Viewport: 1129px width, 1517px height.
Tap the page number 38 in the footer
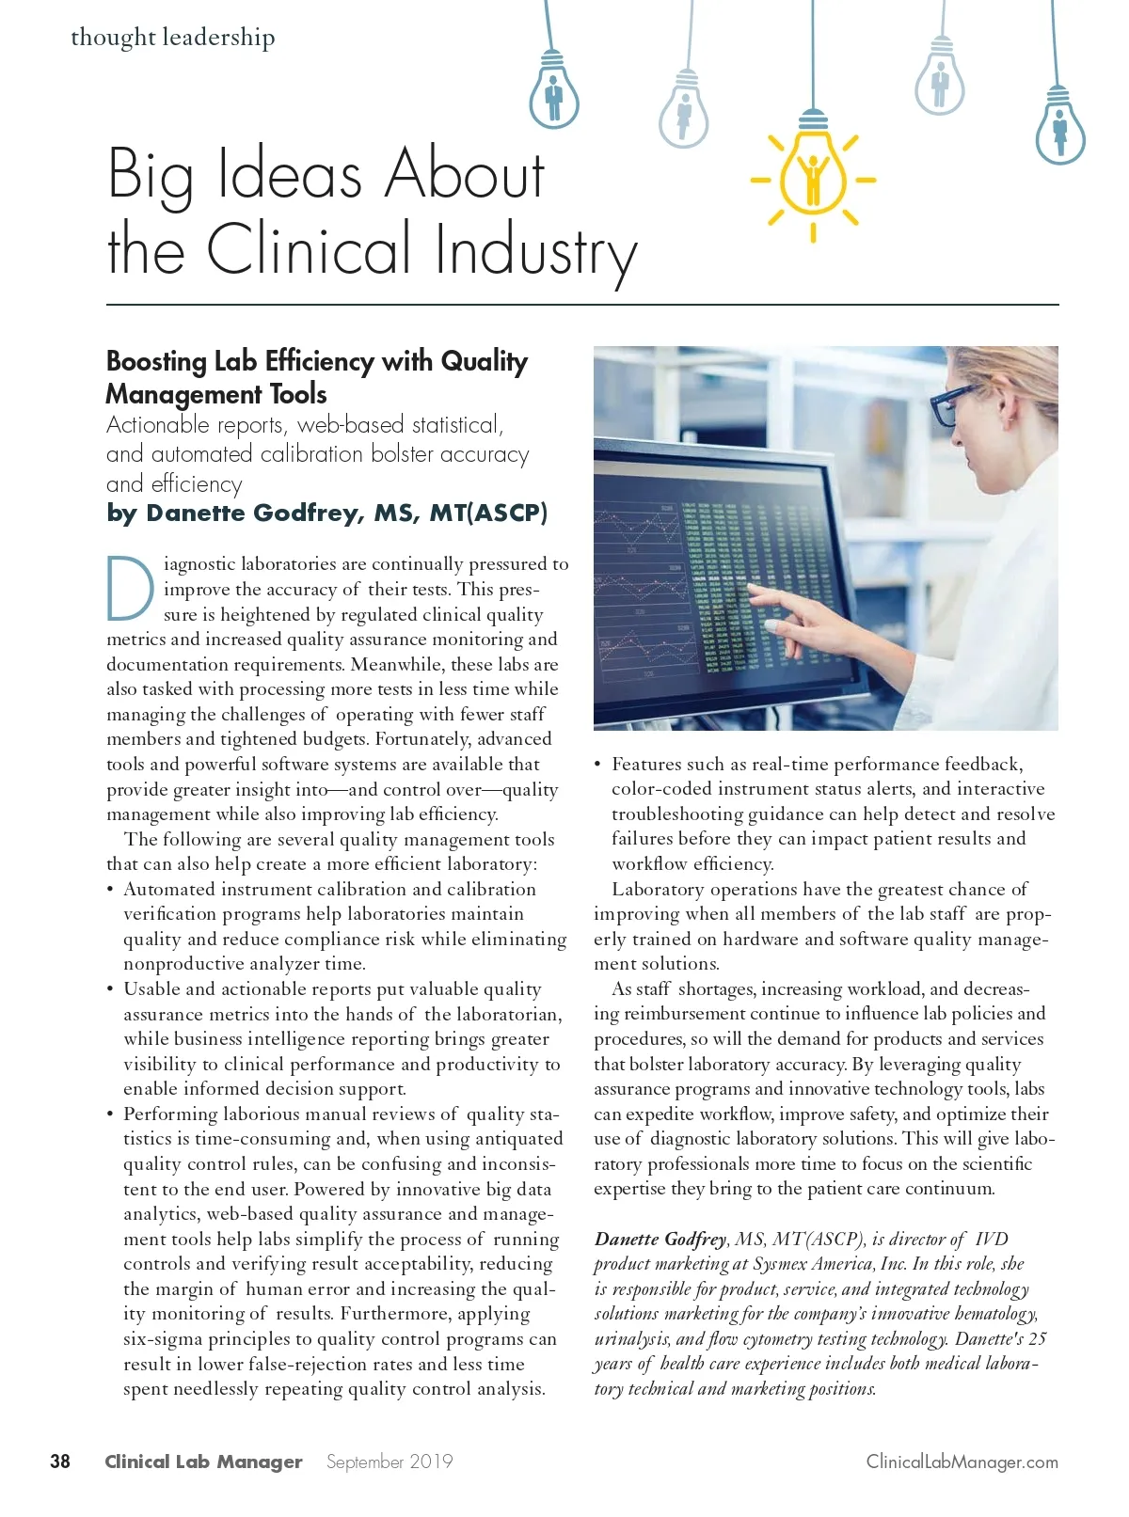(x=59, y=1461)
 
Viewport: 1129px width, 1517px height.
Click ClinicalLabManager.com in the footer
(x=962, y=1462)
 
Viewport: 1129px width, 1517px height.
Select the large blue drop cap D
(x=130, y=590)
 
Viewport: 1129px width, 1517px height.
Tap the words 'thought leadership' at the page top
(x=173, y=38)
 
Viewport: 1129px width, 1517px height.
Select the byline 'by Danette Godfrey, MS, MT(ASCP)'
(x=326, y=513)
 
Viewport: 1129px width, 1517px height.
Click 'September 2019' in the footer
(x=390, y=1462)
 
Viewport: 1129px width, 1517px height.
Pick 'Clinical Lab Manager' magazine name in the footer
(x=203, y=1462)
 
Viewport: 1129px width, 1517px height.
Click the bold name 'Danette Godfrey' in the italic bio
(x=660, y=1239)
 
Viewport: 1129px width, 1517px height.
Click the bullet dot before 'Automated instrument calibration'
(x=111, y=890)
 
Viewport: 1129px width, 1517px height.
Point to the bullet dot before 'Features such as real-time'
(x=598, y=765)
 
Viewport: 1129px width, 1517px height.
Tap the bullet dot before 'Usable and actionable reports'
(x=111, y=989)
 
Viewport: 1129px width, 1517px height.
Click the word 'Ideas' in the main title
(x=290, y=175)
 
